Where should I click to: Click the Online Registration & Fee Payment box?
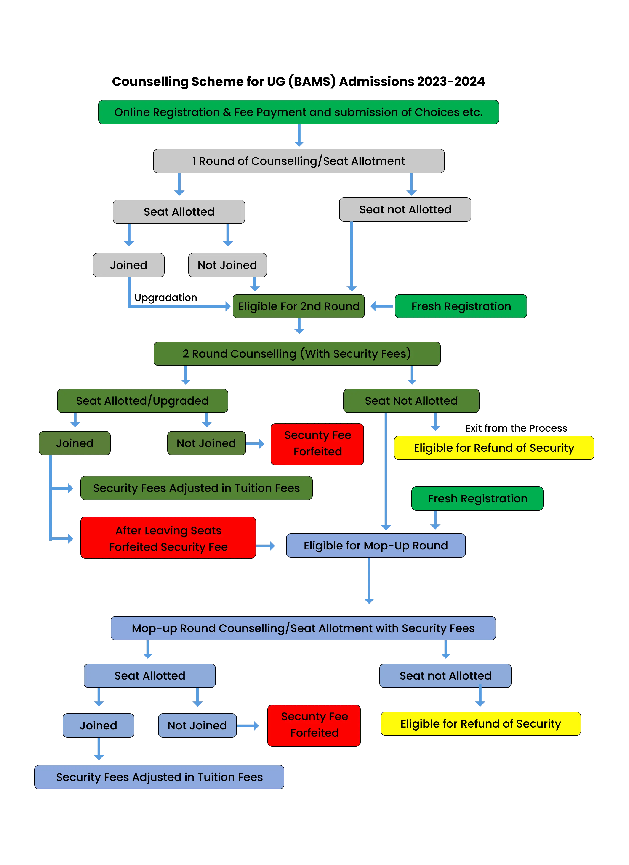click(x=299, y=112)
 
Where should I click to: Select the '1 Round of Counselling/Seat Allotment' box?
click(x=299, y=161)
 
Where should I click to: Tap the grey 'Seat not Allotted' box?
click(x=405, y=209)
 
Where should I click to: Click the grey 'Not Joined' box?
click(x=227, y=265)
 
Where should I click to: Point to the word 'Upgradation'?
click(x=166, y=298)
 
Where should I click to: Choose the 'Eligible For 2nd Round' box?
click(x=299, y=306)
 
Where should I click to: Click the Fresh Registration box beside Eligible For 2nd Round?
click(x=461, y=306)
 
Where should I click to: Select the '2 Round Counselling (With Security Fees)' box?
click(x=297, y=353)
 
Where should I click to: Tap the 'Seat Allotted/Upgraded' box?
click(x=142, y=401)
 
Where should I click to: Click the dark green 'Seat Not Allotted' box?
click(x=411, y=401)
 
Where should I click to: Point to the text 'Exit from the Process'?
click(x=516, y=428)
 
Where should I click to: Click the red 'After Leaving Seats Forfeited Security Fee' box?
click(x=168, y=538)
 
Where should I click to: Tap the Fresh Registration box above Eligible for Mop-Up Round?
click(x=477, y=498)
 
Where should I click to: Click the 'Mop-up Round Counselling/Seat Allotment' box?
click(x=303, y=628)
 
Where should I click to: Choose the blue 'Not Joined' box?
click(x=197, y=725)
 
